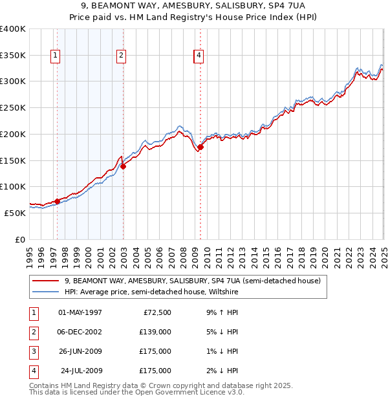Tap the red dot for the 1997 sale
pos(57,201)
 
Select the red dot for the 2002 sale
pos(123,166)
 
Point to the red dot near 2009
pos(200,147)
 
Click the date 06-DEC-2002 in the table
pos(80,332)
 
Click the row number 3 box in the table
pos(33,351)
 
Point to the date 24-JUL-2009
pos(80,371)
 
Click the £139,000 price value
pos(155,332)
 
